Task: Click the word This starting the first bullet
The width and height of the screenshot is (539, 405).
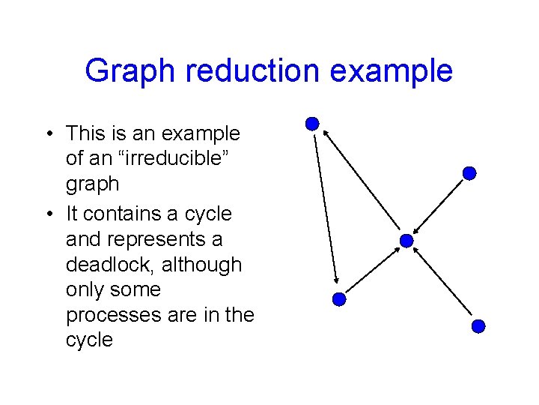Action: (85, 133)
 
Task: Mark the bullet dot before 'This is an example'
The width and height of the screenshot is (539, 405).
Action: (47, 134)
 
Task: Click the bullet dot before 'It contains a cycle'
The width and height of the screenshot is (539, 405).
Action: (47, 214)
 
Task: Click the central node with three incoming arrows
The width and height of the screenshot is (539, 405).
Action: (406, 241)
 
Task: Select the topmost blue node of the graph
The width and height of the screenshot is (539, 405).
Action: (313, 124)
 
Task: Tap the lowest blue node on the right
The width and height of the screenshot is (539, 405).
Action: (479, 326)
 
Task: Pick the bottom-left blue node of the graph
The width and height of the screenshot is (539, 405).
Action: (338, 299)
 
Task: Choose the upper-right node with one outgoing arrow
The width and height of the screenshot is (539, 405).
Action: (469, 173)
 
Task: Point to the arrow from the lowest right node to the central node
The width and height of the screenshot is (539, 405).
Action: (442, 283)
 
